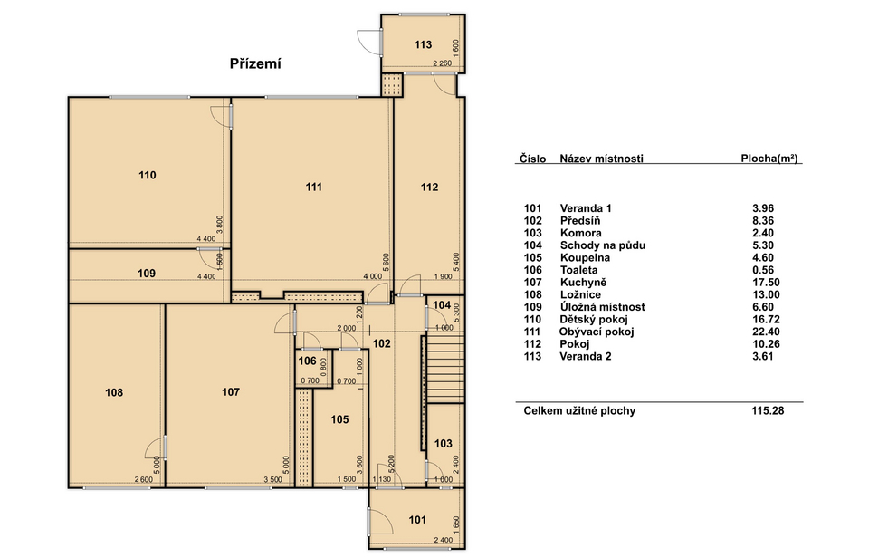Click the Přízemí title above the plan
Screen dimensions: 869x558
[255, 64]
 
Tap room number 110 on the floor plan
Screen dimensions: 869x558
[148, 175]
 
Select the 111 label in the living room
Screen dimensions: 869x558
[314, 187]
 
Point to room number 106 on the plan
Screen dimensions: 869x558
[307, 361]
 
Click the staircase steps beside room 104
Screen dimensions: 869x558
[444, 369]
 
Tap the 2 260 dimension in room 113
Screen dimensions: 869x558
[443, 63]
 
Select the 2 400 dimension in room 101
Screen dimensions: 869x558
[444, 540]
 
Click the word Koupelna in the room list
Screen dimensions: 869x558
[585, 258]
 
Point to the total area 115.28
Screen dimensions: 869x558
[768, 411]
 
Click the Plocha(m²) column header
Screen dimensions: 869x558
[769, 159]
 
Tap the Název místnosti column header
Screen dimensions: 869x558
[601, 159]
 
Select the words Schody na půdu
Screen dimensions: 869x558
[603, 245]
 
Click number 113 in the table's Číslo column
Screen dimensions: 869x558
[532, 356]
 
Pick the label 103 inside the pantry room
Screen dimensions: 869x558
[444, 444]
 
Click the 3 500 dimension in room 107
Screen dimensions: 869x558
[272, 480]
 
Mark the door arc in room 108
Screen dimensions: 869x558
[154, 448]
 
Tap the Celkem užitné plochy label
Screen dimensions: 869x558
[579, 411]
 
